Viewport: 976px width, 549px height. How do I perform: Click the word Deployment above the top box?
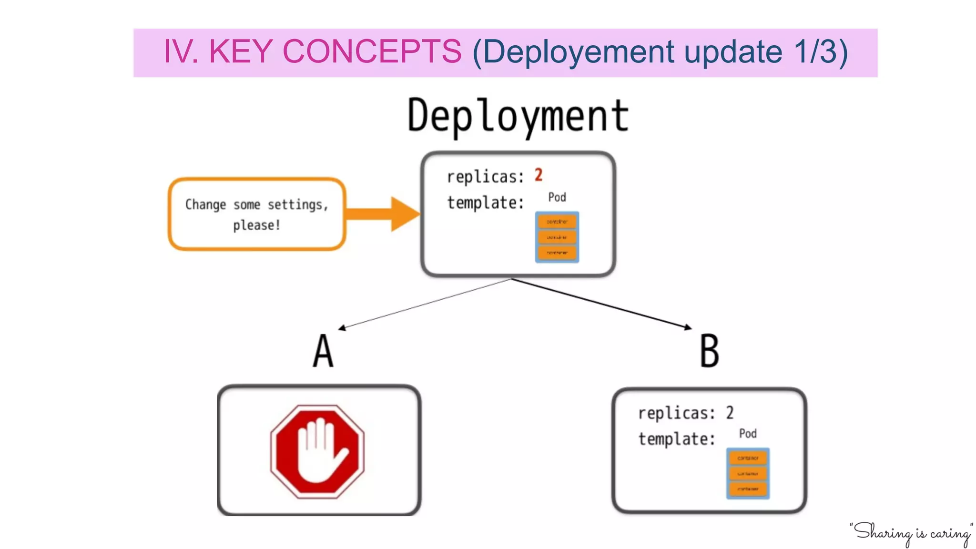[518, 116]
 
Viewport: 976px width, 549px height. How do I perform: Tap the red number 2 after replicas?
[539, 175]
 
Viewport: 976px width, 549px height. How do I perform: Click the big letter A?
[323, 351]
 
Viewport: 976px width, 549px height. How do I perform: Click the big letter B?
[709, 351]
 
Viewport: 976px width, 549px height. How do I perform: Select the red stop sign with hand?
[317, 451]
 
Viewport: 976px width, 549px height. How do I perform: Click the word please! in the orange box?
[256, 225]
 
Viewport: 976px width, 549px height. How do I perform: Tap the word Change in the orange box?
[205, 204]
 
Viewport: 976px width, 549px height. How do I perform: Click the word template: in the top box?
[485, 203]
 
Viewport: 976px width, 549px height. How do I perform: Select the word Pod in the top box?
[557, 197]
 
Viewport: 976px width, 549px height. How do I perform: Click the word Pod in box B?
[747, 433]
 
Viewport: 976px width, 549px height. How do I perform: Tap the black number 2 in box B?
[730, 413]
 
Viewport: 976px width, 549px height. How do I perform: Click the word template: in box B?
[676, 439]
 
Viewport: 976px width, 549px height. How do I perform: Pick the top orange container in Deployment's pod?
[557, 222]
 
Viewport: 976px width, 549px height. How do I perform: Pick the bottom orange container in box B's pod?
[748, 489]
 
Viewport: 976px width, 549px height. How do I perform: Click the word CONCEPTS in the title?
[372, 51]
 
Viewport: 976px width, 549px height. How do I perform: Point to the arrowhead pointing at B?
[688, 327]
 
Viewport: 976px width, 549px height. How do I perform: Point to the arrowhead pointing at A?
[342, 328]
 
